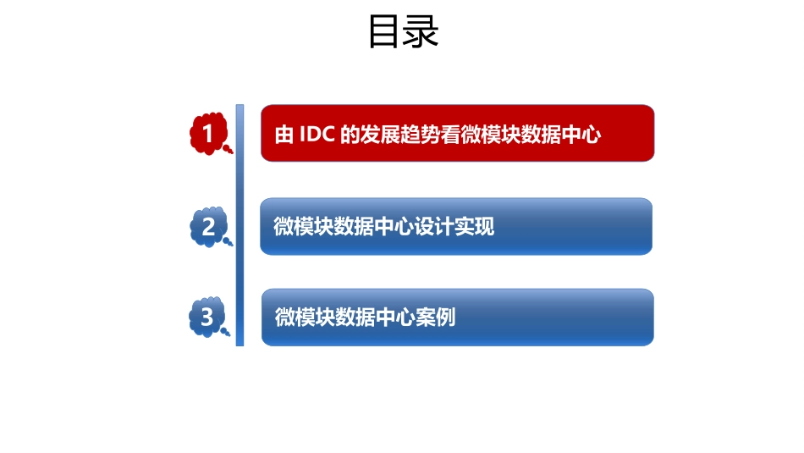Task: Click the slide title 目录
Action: tap(404, 32)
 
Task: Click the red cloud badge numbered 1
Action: tap(208, 133)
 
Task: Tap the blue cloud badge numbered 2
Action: tap(208, 226)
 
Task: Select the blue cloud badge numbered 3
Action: tap(208, 317)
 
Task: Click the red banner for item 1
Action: tap(457, 133)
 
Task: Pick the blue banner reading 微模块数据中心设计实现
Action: tap(456, 226)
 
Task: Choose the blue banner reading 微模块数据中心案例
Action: tap(457, 317)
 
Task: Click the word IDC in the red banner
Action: tap(317, 135)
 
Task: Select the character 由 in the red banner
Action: tap(284, 135)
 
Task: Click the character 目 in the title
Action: tap(385, 32)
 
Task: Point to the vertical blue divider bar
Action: tap(240, 224)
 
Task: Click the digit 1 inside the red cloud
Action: tap(207, 133)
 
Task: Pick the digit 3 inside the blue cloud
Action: tap(207, 317)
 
